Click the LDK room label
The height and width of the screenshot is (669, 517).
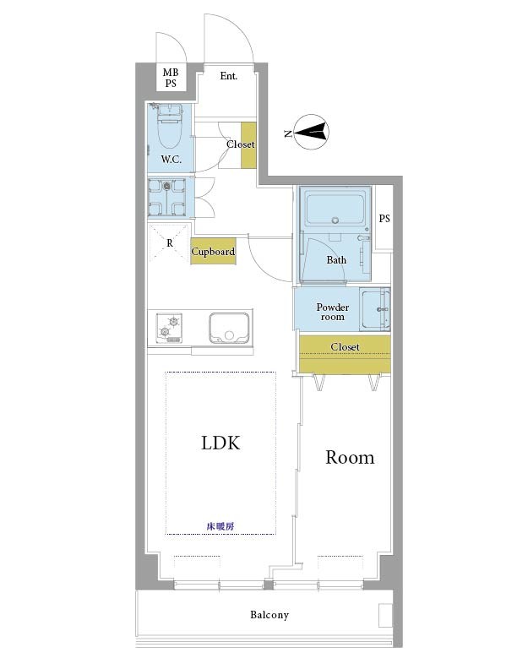coord(220,443)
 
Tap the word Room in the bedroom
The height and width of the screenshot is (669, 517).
coord(350,457)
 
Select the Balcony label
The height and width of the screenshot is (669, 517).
coord(269,615)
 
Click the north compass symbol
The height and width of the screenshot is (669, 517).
coord(312,132)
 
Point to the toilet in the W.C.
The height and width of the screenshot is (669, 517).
coord(170,126)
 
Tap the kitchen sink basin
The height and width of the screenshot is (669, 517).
coord(229,328)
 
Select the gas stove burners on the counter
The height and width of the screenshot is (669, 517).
coord(169,328)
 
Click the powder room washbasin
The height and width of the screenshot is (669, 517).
coord(374,309)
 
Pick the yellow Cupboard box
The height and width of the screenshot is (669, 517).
coord(213,251)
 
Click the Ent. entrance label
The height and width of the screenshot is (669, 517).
coord(229,76)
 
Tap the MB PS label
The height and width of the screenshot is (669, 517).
coord(171,78)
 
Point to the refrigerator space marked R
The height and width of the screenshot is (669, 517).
coord(170,242)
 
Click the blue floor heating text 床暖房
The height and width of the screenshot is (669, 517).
coord(220,526)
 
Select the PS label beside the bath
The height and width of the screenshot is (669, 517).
coord(384,219)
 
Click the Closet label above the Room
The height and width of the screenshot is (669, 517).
coord(345,347)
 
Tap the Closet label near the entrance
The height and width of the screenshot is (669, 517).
coord(241,144)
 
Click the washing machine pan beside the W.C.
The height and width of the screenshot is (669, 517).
coord(166,197)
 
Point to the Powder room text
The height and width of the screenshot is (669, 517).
coord(333,312)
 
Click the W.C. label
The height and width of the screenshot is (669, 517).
coord(171,160)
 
